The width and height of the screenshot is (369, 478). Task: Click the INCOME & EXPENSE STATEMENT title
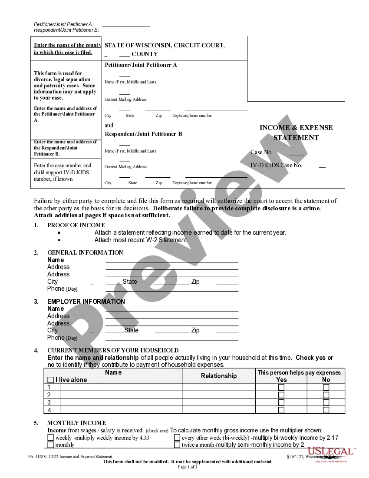[296, 133]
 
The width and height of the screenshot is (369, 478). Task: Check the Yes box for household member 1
[281, 387]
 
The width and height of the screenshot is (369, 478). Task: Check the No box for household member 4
[326, 410]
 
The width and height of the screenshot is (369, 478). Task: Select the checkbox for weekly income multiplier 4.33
[51, 438]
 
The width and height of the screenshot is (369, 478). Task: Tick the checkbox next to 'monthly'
[51, 445]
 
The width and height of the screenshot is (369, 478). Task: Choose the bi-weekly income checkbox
[177, 438]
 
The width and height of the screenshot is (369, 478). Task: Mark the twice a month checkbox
[177, 445]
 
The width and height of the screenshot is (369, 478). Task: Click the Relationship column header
[219, 376]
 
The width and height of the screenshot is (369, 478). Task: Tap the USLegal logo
[330, 454]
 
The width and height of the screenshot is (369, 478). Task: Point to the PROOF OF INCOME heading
[76, 225]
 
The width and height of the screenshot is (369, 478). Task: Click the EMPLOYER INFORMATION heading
[86, 302]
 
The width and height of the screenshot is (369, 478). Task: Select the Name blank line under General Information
[172, 260]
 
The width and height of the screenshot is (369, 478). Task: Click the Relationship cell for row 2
[219, 395]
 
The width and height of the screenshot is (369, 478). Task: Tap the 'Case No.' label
[262, 153]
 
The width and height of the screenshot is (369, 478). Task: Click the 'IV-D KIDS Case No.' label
[276, 166]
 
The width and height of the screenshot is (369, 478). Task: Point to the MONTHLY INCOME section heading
[77, 423]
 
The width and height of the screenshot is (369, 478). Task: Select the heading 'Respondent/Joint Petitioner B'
[144, 134]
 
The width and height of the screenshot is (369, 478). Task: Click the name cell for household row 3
[121, 402]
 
